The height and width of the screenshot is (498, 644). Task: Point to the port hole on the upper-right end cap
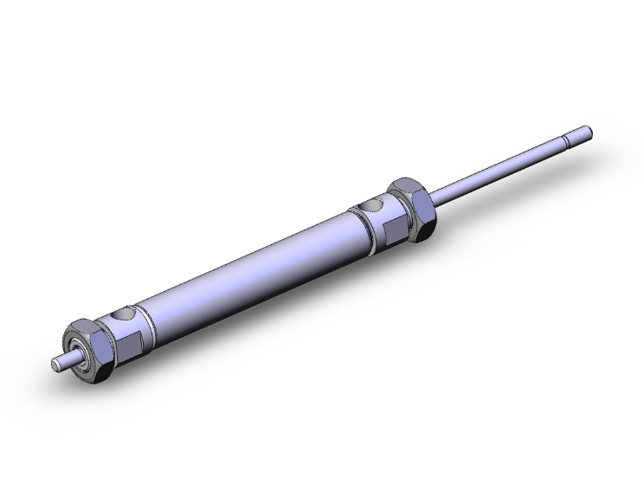coord(372,207)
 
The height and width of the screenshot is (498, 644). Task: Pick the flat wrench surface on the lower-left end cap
coord(127,343)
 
